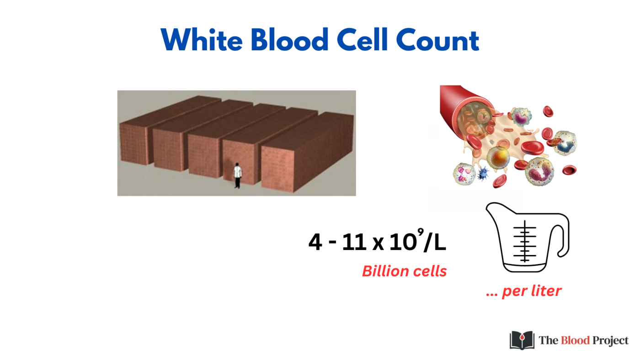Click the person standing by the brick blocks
tap(237, 175)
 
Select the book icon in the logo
tap(522, 340)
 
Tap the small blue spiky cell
tap(483, 174)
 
